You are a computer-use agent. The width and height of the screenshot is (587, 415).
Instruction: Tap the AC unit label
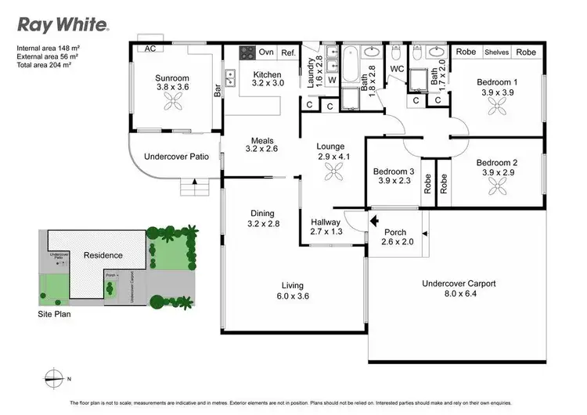point(149,48)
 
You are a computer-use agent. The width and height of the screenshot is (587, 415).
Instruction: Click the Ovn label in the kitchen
point(266,52)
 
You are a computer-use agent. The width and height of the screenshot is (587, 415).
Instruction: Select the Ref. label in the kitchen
point(288,52)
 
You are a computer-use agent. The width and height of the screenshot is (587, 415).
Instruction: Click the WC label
point(396,69)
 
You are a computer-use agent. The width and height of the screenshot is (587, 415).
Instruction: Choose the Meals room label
point(261,143)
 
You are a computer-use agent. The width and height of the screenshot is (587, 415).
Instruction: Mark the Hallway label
point(326,226)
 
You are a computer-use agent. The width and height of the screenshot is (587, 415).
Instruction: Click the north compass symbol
point(52,377)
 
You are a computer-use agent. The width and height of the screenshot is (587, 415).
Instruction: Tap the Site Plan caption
point(55,312)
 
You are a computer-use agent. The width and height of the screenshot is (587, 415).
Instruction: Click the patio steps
point(193,188)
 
